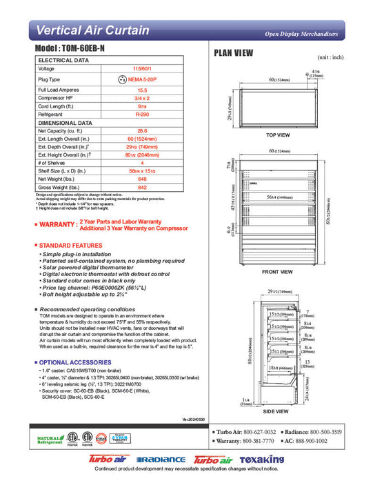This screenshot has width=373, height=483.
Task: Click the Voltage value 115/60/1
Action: (x=143, y=69)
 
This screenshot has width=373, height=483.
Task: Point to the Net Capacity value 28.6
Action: (x=143, y=130)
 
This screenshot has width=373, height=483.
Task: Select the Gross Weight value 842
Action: (x=143, y=188)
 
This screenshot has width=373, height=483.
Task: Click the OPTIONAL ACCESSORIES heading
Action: (x=73, y=362)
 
